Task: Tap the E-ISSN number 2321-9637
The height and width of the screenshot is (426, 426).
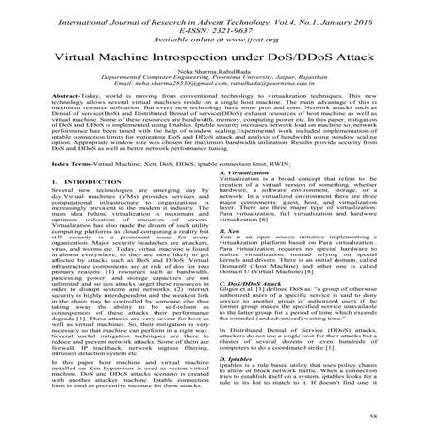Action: pyautogui.click(x=225, y=28)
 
